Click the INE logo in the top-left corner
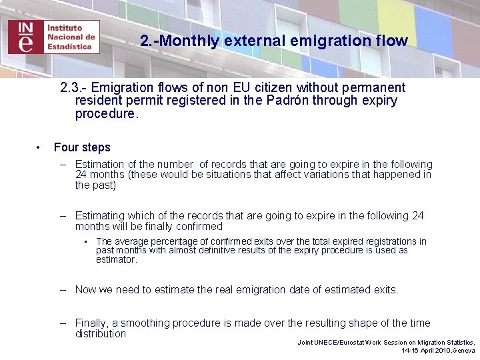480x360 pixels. coord(54,36)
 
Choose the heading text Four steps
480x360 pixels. coord(82,147)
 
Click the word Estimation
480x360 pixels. coord(100,164)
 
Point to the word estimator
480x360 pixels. coord(116,259)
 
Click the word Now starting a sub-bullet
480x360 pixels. coord(85,289)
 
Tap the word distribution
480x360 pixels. coord(101,333)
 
